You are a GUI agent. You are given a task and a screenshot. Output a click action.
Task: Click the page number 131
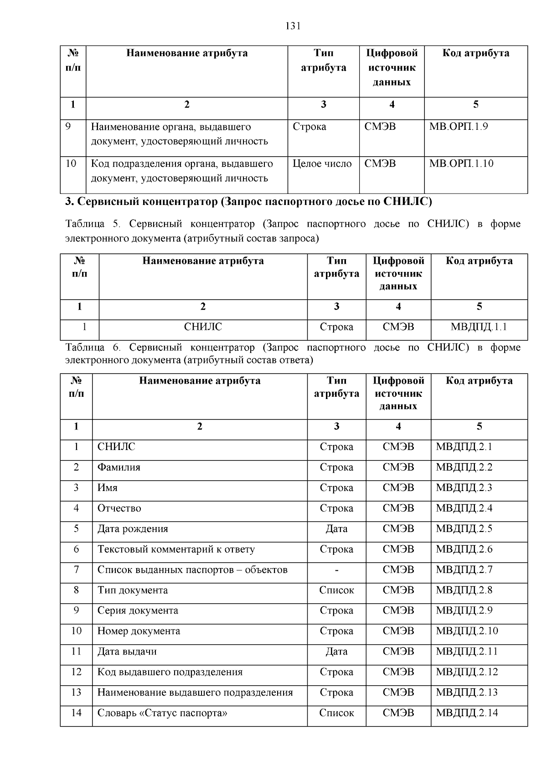click(x=293, y=26)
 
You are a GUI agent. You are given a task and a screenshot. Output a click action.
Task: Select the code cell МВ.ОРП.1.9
click(x=458, y=127)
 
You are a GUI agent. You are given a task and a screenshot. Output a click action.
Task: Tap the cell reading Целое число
click(x=322, y=164)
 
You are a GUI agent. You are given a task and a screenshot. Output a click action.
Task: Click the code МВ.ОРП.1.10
click(x=461, y=164)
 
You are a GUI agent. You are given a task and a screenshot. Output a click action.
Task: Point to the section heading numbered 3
click(x=248, y=201)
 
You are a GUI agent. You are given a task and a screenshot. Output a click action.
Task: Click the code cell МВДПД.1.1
click(x=479, y=327)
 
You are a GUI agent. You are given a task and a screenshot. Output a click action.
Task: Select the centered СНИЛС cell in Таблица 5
click(x=203, y=327)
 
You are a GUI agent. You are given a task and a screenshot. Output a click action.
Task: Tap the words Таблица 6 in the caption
click(x=93, y=348)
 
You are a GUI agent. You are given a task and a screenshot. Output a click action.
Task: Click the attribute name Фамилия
click(x=119, y=467)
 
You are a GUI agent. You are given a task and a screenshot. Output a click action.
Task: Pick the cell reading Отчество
click(x=119, y=508)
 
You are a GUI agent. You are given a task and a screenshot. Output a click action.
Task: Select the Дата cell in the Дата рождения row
click(x=336, y=529)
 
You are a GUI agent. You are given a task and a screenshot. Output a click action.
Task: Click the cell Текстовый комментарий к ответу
click(x=176, y=549)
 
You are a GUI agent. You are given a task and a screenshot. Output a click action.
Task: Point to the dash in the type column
click(x=336, y=570)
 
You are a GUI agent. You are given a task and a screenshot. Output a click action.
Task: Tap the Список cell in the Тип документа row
click(x=336, y=590)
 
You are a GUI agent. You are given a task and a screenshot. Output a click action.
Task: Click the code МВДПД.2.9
click(x=464, y=610)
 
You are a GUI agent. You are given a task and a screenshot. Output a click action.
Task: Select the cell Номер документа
click(x=139, y=631)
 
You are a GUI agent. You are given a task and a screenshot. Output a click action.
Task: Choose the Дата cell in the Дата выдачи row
click(x=336, y=651)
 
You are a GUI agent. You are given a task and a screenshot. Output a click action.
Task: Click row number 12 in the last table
click(x=76, y=672)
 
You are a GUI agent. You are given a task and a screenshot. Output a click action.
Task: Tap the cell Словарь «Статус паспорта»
click(x=162, y=713)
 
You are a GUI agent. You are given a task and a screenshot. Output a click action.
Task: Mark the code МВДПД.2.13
click(x=467, y=692)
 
